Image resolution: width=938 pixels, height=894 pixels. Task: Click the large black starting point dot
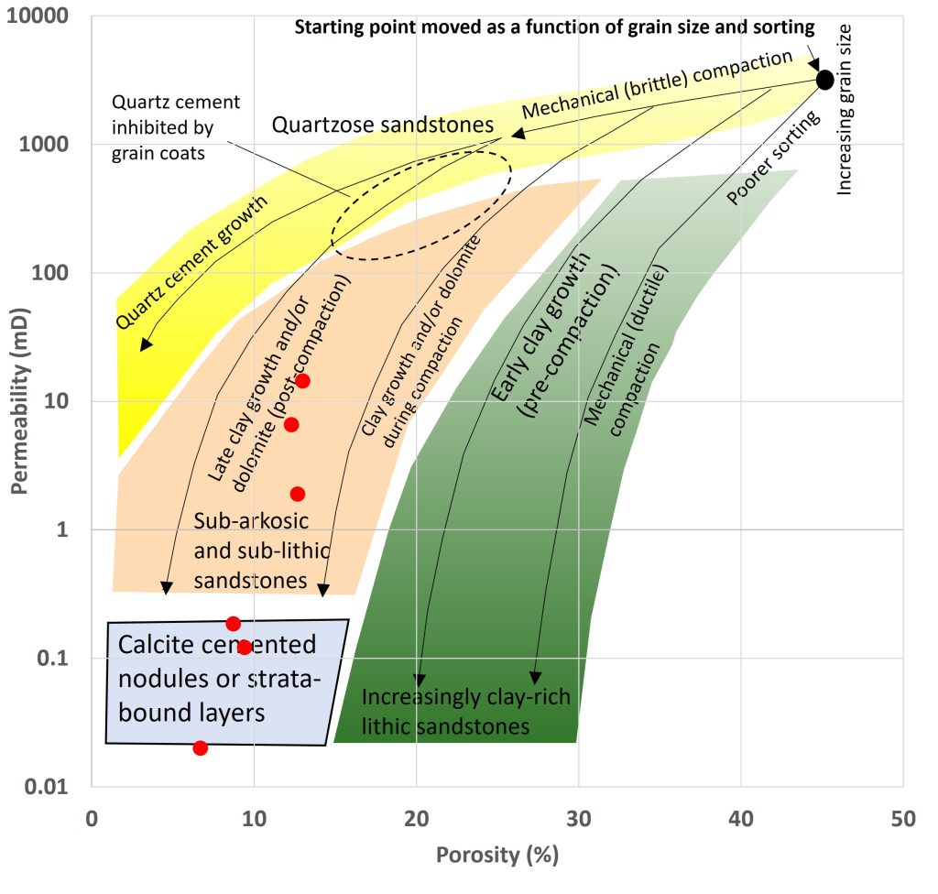click(825, 80)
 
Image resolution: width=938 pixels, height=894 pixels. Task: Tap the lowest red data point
click(201, 748)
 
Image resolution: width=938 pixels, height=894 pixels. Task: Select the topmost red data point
click(302, 381)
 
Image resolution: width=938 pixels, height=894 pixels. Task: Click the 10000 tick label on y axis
click(38, 16)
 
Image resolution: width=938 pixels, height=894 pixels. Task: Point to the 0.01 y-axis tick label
click(48, 786)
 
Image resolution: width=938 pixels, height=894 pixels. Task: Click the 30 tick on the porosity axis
click(579, 819)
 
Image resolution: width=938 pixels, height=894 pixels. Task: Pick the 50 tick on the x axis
click(903, 819)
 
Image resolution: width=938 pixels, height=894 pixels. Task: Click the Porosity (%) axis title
click(497, 856)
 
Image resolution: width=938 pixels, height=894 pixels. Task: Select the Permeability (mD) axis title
click(20, 401)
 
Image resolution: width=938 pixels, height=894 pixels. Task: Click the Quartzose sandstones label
click(383, 125)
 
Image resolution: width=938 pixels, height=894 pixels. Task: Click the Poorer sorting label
click(773, 158)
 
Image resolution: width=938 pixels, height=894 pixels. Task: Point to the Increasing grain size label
click(844, 110)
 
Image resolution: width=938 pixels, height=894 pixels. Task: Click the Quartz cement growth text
click(191, 262)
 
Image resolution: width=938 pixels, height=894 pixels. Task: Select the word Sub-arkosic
click(251, 521)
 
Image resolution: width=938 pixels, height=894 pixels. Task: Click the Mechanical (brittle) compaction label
click(657, 83)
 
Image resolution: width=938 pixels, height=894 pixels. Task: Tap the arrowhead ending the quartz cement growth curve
click(146, 344)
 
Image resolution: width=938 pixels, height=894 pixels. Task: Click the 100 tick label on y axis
click(49, 273)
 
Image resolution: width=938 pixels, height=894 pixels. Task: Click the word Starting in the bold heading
click(325, 27)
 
